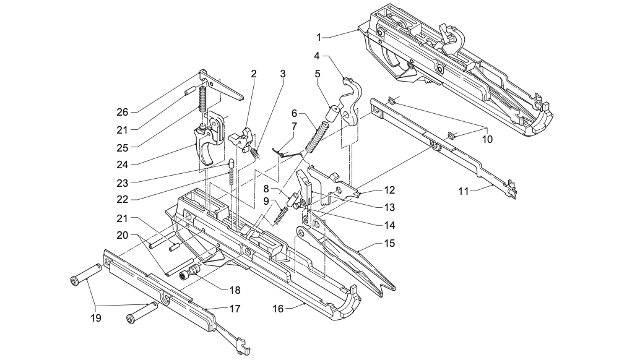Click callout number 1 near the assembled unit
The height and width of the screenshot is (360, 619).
point(319,38)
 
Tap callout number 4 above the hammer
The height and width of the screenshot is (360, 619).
point(316,56)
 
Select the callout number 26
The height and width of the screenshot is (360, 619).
point(123,112)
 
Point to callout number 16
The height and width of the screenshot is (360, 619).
point(278,308)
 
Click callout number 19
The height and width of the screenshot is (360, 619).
point(96,318)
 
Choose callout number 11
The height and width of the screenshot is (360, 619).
point(464,191)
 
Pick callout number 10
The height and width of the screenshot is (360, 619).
point(488,139)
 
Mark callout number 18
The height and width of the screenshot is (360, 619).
point(235,290)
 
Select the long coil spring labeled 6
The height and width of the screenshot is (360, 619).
point(317,137)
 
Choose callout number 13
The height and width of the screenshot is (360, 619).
point(389,207)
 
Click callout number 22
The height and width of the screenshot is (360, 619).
point(123,200)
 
